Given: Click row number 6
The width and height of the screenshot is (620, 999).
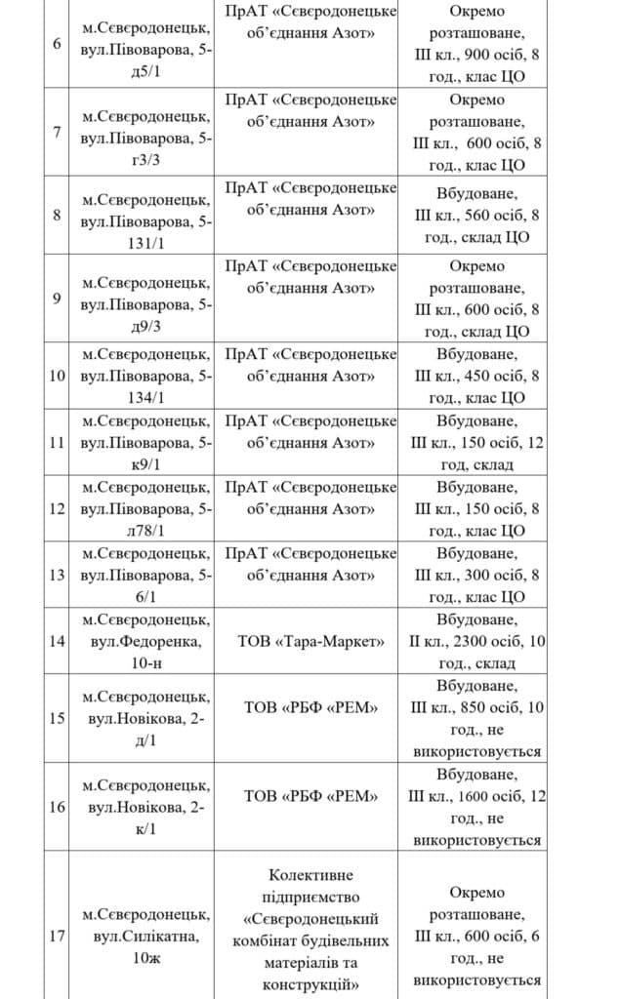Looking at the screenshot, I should (x=56, y=45).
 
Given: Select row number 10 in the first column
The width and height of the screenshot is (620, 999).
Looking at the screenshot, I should (x=56, y=375).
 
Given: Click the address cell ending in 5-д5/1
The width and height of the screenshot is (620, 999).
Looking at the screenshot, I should (x=145, y=45).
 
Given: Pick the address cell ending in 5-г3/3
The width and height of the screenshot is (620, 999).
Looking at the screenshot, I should (x=145, y=132).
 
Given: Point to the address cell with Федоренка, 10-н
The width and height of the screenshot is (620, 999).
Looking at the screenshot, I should (x=145, y=641).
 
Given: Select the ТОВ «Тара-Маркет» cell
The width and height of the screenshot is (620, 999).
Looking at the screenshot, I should (x=310, y=641).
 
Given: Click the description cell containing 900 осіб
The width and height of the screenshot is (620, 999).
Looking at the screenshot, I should (x=476, y=45).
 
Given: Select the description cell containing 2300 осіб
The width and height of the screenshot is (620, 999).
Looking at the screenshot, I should (x=476, y=641).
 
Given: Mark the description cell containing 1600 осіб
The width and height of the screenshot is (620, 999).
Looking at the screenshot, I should (x=476, y=807).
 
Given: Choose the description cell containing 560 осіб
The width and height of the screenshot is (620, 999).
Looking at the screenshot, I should (x=476, y=215).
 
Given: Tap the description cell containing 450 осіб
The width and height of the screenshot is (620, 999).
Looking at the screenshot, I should (x=476, y=375).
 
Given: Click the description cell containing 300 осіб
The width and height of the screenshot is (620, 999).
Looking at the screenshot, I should (x=476, y=575).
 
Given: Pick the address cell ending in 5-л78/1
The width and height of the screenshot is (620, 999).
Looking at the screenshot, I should (x=145, y=508).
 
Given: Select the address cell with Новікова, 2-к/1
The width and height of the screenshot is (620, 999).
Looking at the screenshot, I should (x=145, y=807).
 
